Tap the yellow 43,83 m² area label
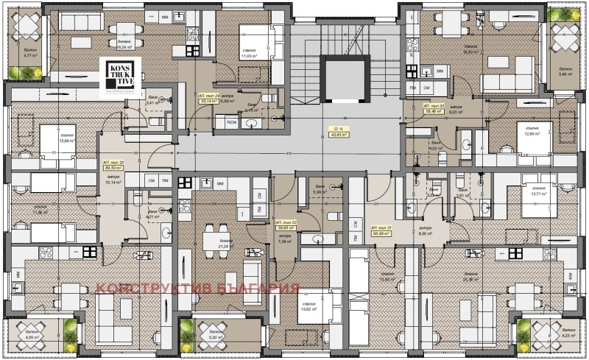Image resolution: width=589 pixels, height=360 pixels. [x=339, y=133]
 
